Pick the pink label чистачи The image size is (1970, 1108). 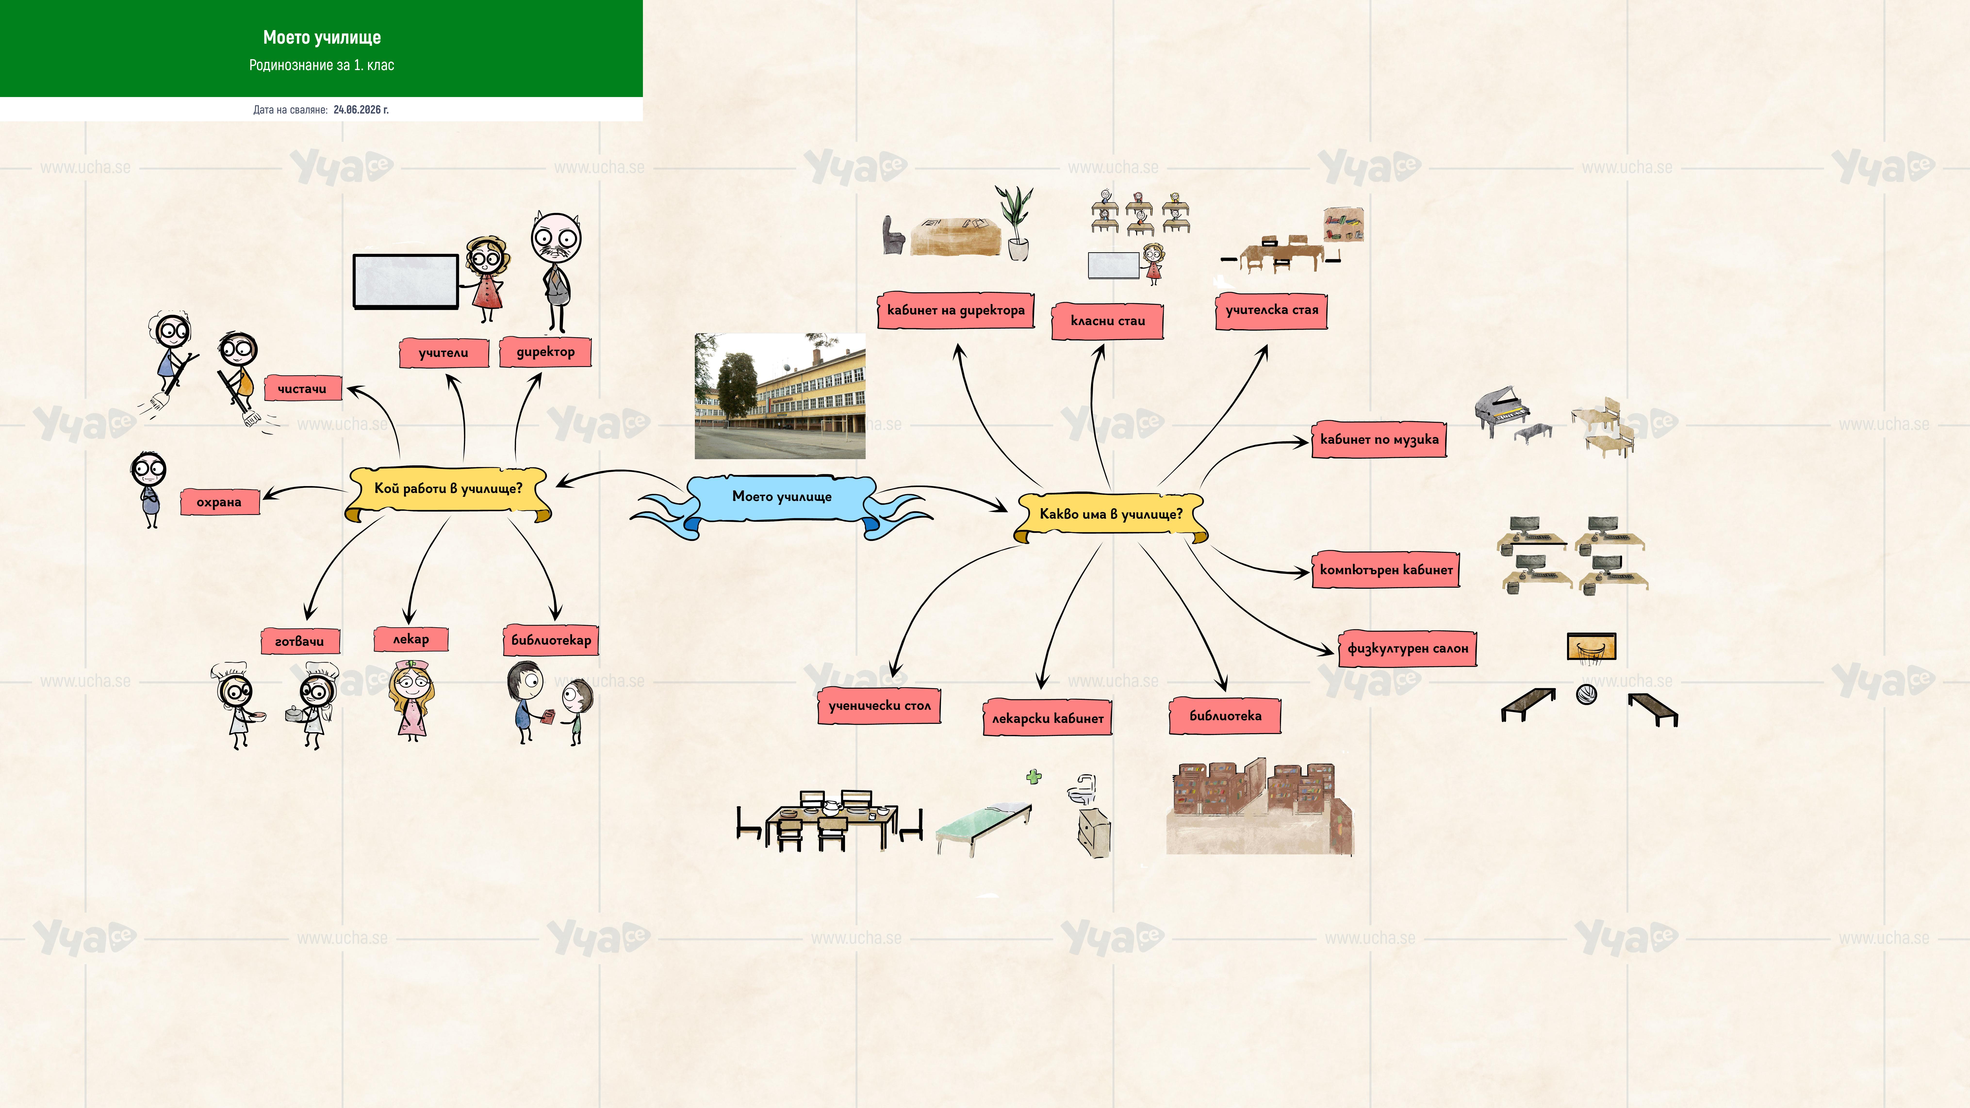pyautogui.click(x=302, y=388)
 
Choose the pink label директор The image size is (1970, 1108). pyautogui.click(x=545, y=352)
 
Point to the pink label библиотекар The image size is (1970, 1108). pyautogui.click(x=551, y=640)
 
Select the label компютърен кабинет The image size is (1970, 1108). pyautogui.click(x=1386, y=570)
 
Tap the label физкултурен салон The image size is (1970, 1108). pyautogui.click(x=1407, y=648)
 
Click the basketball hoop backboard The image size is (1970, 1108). pyautogui.click(x=1592, y=647)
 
